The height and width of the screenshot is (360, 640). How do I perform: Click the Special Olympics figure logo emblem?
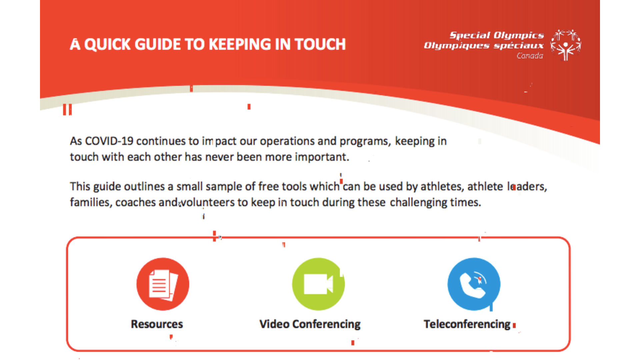tap(566, 45)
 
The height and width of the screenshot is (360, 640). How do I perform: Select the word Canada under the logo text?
tap(530, 56)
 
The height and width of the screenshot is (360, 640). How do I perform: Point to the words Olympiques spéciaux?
tap(484, 46)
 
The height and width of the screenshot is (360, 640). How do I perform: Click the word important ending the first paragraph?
tap(322, 157)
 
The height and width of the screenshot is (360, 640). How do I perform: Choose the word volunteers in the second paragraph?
tap(208, 202)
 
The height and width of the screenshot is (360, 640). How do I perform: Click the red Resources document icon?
tap(163, 284)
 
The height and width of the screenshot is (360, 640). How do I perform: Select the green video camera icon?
tap(318, 284)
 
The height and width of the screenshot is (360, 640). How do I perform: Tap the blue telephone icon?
tap(474, 284)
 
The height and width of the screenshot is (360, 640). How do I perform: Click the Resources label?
tap(157, 324)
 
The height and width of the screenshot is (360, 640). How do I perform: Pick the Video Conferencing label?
tap(310, 324)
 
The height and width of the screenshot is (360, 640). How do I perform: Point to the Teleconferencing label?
tap(467, 324)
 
